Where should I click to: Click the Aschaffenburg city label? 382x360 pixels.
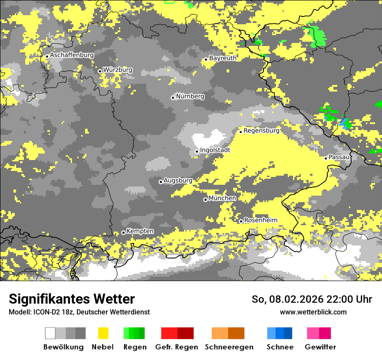point(72,55)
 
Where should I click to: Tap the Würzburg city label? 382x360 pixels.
point(118,70)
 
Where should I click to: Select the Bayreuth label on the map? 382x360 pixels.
point(223,58)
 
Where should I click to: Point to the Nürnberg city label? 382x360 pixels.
point(190,96)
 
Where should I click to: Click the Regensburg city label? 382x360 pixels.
point(261,130)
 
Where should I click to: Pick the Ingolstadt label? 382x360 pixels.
point(215,150)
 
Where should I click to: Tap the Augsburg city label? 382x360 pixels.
point(178,180)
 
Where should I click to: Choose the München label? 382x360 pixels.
point(222,198)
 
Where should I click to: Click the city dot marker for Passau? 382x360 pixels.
point(326,158)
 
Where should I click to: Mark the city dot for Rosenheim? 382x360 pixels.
point(241,221)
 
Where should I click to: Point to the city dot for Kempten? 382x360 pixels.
point(123,232)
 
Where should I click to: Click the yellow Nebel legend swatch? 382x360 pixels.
point(103,333)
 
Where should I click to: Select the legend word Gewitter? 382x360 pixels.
point(320,347)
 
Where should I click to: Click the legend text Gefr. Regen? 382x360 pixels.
point(176,347)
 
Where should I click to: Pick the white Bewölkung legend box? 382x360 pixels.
point(50,333)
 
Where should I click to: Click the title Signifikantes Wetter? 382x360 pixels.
point(72,299)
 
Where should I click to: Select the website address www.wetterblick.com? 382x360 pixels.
point(313,312)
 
